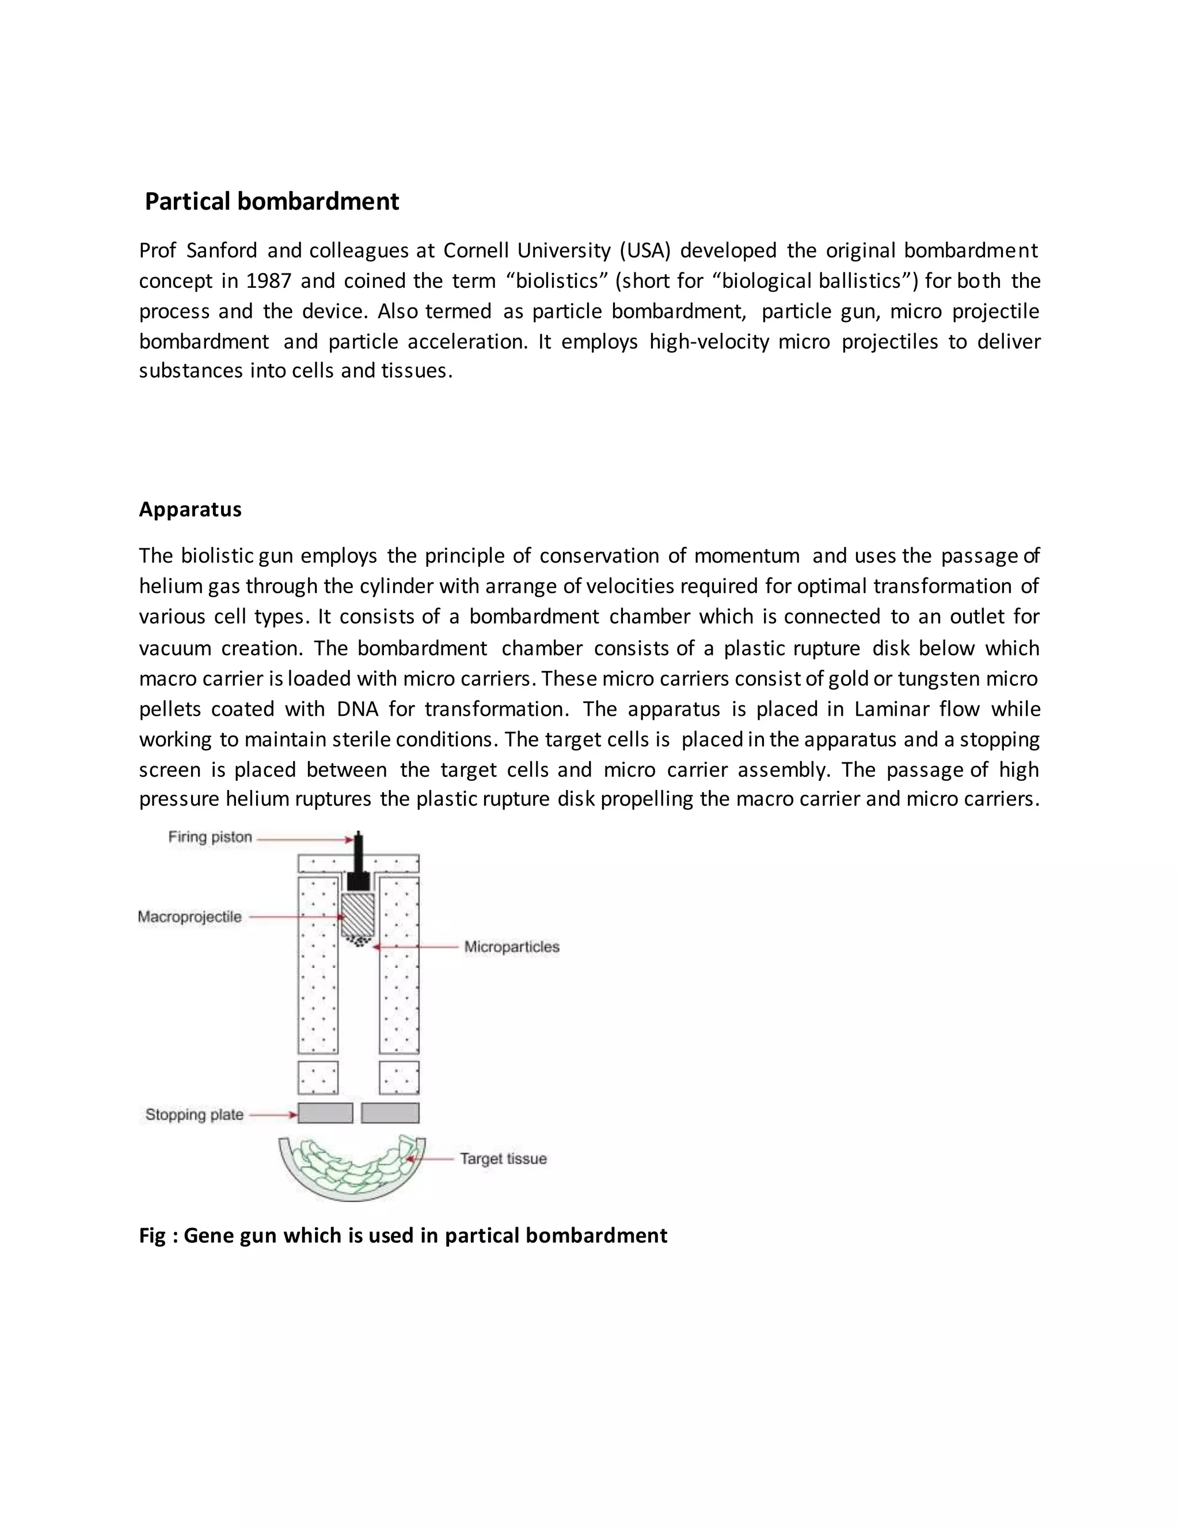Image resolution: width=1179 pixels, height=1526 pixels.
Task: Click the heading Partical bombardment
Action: click(x=272, y=201)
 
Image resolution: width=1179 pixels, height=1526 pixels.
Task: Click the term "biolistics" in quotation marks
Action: click(x=557, y=281)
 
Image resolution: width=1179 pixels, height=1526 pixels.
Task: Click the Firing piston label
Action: click(x=210, y=837)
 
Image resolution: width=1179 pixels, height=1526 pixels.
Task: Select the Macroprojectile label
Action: click(x=189, y=917)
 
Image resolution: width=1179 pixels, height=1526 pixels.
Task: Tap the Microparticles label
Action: click(x=511, y=947)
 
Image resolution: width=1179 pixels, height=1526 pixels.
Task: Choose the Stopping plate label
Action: click(x=194, y=1114)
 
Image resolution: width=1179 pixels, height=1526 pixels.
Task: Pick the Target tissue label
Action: click(x=503, y=1159)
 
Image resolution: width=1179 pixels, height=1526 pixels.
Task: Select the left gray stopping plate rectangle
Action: click(x=325, y=1113)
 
